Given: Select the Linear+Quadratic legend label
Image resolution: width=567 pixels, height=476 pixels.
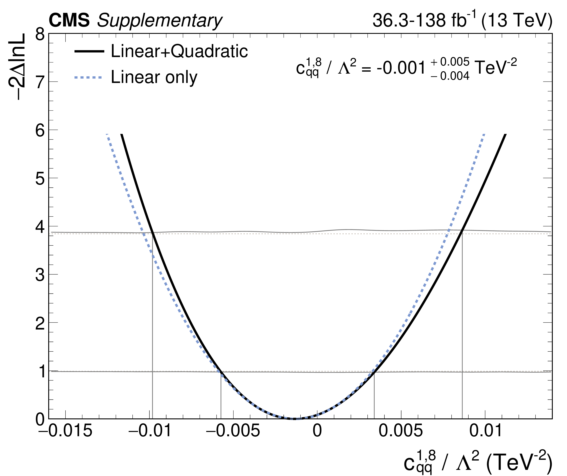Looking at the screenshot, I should pyautogui.click(x=179, y=51).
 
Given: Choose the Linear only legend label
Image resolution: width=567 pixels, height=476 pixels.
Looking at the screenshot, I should pyautogui.click(x=154, y=78).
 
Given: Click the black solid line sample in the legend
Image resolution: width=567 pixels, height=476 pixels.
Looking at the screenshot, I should pyautogui.click(x=89, y=51).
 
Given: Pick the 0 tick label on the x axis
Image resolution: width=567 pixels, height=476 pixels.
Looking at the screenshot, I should pyautogui.click(x=317, y=430).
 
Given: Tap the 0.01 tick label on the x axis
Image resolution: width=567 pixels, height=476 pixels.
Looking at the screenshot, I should pyautogui.click(x=485, y=430).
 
